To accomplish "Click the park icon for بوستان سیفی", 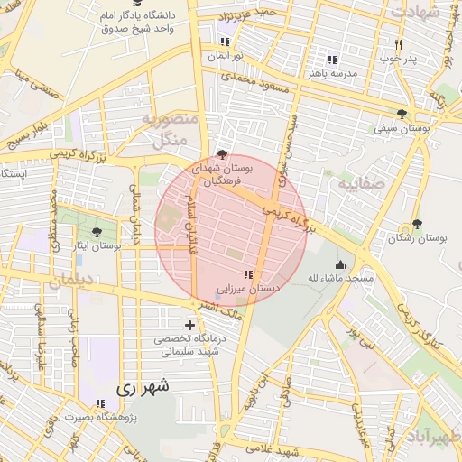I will (x=402, y=114).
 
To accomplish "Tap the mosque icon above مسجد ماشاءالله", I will (x=340, y=264).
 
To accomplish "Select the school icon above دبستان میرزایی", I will (x=247, y=273).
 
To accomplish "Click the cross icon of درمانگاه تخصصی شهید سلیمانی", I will (x=189, y=325).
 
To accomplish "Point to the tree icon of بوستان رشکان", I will (x=416, y=224).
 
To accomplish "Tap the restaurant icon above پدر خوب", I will (x=398, y=44).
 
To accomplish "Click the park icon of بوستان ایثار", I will (x=97, y=232).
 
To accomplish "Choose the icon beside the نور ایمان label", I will (x=225, y=42).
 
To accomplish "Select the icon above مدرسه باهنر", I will (x=332, y=59).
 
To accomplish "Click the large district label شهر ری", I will (x=143, y=389).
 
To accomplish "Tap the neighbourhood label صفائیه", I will (x=356, y=184).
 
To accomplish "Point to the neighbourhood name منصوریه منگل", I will (x=166, y=128).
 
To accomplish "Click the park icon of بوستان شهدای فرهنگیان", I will (x=224, y=154).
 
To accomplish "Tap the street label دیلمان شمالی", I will (x=137, y=209).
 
